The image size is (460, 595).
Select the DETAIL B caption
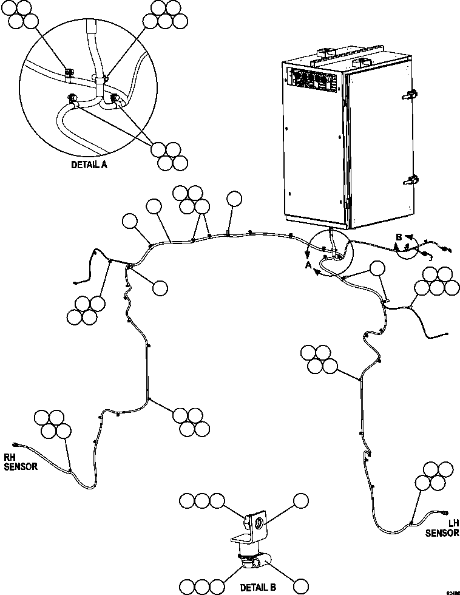click(259, 588)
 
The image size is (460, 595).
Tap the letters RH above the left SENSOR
click(12, 458)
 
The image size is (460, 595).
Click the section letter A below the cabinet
click(308, 265)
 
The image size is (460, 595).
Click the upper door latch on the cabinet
click(411, 94)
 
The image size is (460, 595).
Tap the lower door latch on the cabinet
click(410, 180)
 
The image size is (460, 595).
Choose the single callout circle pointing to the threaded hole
click(302, 501)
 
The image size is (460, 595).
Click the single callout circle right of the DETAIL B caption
click(301, 586)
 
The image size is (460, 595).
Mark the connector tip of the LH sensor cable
click(448, 513)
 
